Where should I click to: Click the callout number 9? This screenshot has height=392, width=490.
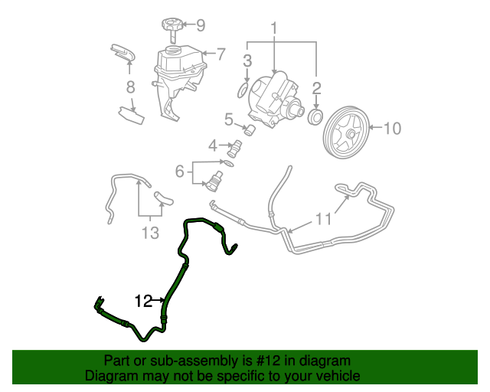[x=201, y=25]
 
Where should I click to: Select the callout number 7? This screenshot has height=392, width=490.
[x=220, y=54]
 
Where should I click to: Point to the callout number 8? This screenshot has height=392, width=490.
[x=131, y=87]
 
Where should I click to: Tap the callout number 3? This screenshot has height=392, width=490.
[x=248, y=60]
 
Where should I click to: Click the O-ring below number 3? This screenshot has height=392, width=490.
[x=242, y=90]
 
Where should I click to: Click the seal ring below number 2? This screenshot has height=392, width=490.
[x=313, y=116]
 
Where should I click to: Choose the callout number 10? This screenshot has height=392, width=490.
[x=391, y=129]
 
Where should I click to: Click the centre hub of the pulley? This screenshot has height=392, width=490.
[x=349, y=135]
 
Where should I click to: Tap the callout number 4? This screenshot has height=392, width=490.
[x=214, y=143]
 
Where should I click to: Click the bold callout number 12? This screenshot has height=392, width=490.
[x=144, y=301]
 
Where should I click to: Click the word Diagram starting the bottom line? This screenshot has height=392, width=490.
[x=110, y=376]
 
